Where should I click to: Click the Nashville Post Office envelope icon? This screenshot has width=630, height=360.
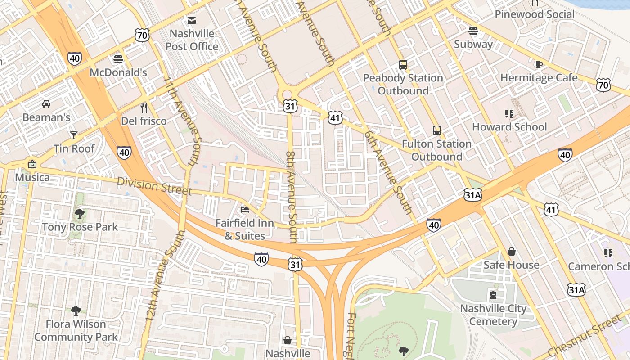[x=192, y=21]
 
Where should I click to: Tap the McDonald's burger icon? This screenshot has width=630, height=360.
[x=118, y=59]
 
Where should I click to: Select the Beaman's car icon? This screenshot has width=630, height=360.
[x=46, y=104]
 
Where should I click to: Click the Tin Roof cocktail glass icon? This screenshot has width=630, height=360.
[x=74, y=135]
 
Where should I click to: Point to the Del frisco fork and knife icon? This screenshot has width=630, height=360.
[x=144, y=108]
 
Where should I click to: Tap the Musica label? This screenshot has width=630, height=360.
[x=32, y=177]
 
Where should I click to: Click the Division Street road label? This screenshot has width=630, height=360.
[x=154, y=186]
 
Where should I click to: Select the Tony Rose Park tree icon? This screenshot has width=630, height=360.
[x=80, y=213]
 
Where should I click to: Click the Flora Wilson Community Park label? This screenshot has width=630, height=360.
[x=76, y=330]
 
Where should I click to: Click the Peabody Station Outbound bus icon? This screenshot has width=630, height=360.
[x=403, y=65]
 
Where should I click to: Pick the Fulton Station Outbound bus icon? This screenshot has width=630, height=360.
[x=436, y=130]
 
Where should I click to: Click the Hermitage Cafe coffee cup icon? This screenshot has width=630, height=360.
[x=539, y=64]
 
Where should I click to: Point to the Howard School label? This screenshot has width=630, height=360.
[x=509, y=127]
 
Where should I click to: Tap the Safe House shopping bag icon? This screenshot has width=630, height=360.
[x=511, y=252]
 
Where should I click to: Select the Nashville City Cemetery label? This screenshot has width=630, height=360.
[x=493, y=315]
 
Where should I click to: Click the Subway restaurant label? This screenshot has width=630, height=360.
[x=473, y=44]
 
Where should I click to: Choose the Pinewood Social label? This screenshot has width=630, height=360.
[x=535, y=14]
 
